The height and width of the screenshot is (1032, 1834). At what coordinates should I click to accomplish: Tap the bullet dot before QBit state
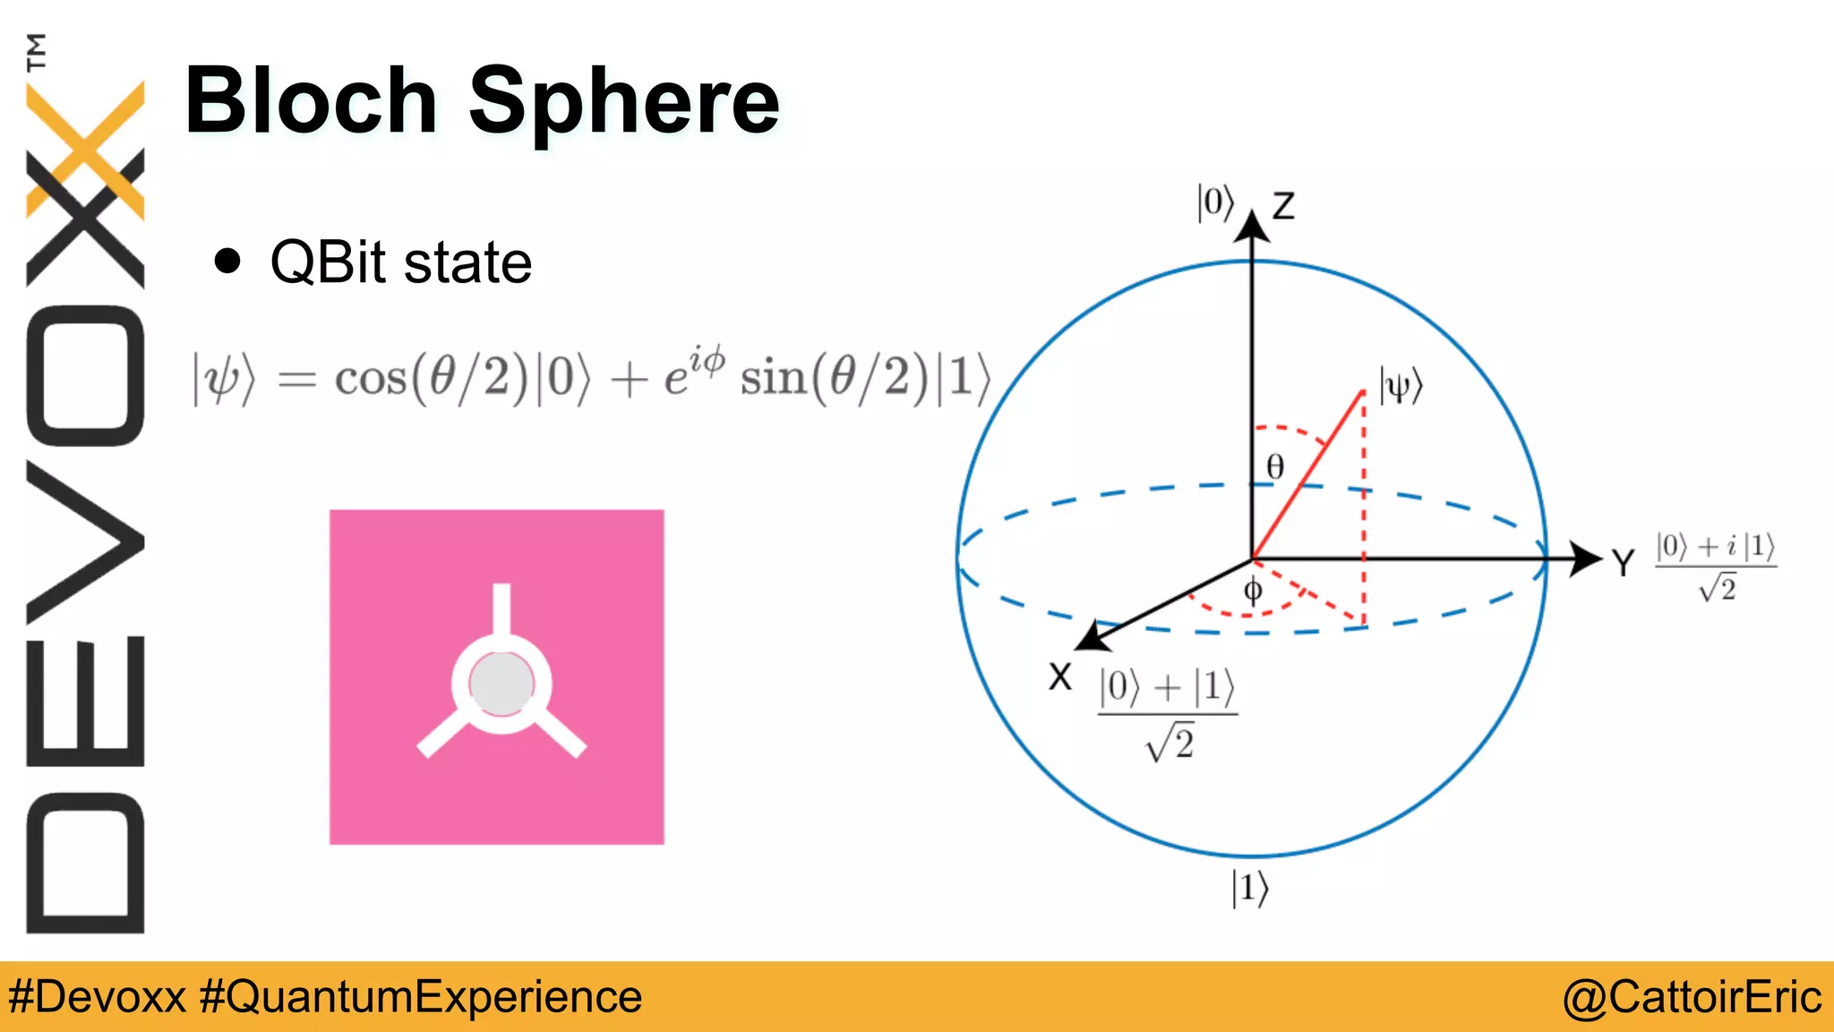point(228,261)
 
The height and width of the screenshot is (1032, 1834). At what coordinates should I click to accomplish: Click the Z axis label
point(1283,206)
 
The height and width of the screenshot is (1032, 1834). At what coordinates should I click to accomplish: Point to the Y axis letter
point(1623,563)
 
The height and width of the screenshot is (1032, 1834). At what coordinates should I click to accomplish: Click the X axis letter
point(1060,677)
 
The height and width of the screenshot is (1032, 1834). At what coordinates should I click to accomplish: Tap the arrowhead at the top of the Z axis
point(1252,226)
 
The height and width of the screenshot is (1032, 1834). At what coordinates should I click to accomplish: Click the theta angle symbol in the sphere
point(1275,467)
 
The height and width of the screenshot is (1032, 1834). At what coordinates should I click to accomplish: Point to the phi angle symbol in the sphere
point(1254,591)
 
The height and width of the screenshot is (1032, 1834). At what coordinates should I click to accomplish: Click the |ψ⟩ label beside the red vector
point(1401,386)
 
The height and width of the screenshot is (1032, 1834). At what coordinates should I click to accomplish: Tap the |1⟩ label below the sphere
point(1250,889)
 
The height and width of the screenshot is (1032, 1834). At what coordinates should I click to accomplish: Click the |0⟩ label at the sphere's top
point(1215,202)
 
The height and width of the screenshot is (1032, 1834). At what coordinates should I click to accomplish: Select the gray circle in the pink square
point(501,684)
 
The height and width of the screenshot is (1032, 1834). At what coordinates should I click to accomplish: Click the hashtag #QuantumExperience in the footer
point(421,997)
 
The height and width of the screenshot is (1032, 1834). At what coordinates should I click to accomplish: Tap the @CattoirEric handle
point(1692,997)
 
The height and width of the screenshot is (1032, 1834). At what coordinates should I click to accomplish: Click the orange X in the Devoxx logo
point(86,149)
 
